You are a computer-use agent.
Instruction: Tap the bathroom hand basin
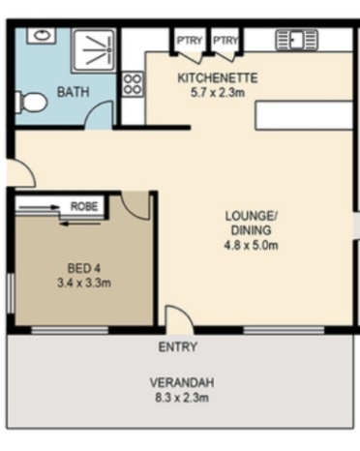(41, 35)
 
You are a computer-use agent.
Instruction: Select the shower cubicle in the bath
(94, 50)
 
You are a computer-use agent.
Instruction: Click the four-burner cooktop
(133, 84)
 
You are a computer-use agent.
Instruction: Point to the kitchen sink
(296, 40)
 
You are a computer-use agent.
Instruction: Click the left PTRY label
(190, 41)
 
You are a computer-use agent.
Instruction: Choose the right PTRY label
(225, 41)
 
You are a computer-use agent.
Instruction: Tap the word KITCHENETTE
(218, 78)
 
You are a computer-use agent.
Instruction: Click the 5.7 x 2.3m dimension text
(218, 93)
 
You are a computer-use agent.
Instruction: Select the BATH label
(74, 92)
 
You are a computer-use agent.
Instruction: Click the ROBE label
(84, 206)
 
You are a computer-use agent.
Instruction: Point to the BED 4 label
(84, 268)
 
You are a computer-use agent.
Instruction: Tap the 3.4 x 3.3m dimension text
(84, 284)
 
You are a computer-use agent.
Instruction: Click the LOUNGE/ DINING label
(251, 223)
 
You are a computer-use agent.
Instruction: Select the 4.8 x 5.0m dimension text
(251, 246)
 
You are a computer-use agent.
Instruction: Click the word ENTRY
(178, 347)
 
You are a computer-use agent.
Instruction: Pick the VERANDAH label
(182, 382)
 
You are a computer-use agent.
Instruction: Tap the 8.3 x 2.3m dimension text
(182, 398)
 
